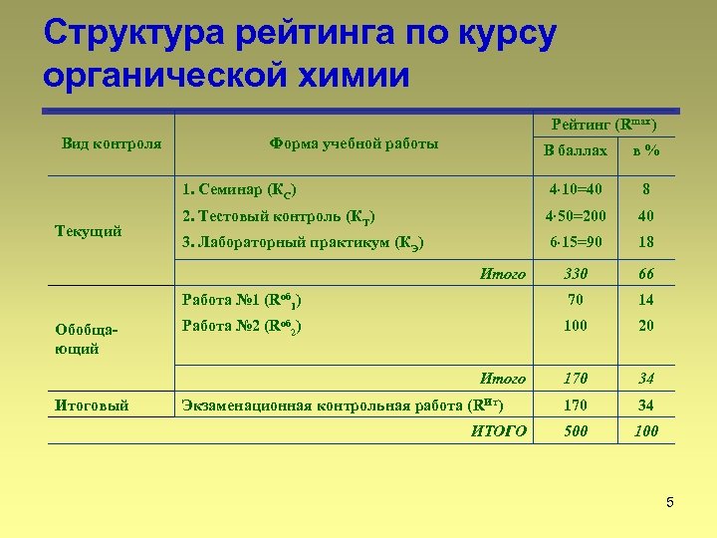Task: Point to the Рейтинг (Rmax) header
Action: [603, 125]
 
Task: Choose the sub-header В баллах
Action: [575, 150]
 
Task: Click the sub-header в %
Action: [645, 150]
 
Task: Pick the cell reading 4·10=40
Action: [576, 188]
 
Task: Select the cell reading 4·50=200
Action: [576, 215]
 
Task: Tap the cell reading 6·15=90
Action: [576, 242]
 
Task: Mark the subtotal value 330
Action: [576, 274]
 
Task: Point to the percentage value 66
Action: [646, 274]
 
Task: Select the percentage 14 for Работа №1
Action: [646, 299]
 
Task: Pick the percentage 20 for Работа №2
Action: [646, 326]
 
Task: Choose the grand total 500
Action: [576, 431]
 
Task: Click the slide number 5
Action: [670, 502]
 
